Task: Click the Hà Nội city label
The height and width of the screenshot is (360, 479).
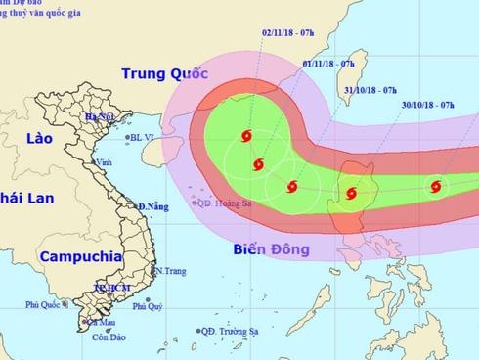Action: [101, 117]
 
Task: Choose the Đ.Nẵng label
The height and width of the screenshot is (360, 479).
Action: [153, 207]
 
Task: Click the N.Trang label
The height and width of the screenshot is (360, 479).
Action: [170, 270]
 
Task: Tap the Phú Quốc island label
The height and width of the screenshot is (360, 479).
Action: [42, 304]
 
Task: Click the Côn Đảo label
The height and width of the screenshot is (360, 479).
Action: [108, 337]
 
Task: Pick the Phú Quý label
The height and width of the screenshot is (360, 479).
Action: [147, 306]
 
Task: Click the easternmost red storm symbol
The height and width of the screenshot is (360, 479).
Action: [435, 185]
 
